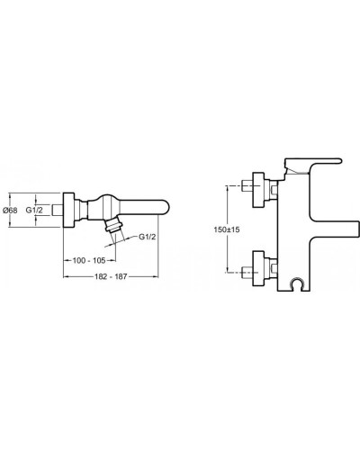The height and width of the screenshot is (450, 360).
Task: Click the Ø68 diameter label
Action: point(11,210)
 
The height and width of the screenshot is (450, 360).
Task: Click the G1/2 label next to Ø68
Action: point(35,210)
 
